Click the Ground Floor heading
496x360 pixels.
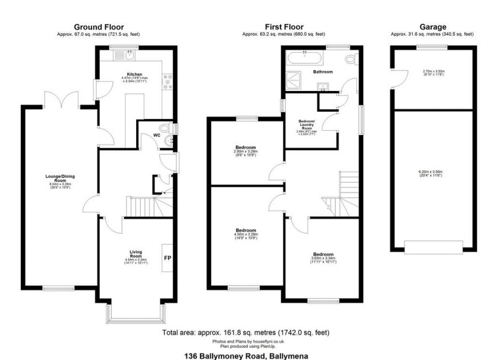[99, 27]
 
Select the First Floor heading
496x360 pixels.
[284, 27]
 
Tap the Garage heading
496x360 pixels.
[433, 27]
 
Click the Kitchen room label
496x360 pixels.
[135, 74]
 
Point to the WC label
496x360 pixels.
[157, 135]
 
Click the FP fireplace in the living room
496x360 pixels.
[168, 257]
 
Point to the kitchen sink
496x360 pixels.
[130, 54]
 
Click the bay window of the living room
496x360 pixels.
[136, 316]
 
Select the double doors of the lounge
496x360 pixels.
[61, 99]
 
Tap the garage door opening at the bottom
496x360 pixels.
[433, 246]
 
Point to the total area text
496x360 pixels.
[246, 333]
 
